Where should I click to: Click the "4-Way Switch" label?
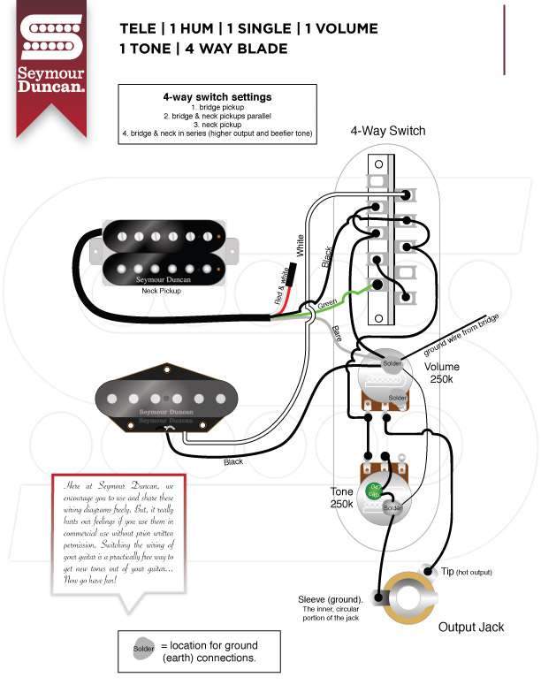coord(387,131)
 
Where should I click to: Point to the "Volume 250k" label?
coord(442,374)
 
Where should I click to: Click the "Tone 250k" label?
coord(342,498)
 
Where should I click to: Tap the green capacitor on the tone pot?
coord(374,491)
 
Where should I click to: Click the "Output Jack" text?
coord(471,627)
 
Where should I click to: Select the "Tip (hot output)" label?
coord(466,573)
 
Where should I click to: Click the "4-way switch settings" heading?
coord(217,97)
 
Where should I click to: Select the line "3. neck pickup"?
coord(217,125)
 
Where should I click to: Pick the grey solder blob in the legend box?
coord(143,650)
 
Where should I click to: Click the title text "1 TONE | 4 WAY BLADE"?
coord(203,49)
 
